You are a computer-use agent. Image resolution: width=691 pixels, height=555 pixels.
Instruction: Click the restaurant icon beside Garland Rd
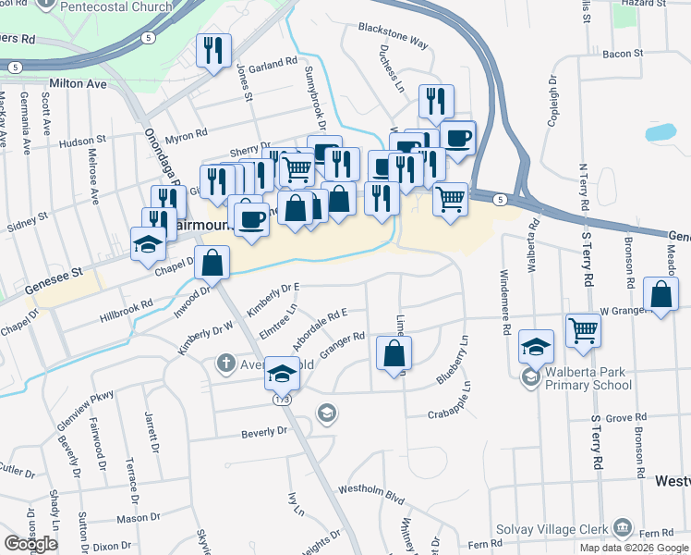pyautogui.click(x=213, y=51)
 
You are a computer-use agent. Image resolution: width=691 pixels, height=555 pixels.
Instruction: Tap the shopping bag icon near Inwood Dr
pyautogui.click(x=212, y=262)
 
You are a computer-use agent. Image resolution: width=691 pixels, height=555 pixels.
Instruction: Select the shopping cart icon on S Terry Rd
pyautogui.click(x=583, y=330)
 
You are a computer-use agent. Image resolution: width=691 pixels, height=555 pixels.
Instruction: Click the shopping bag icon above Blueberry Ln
pyautogui.click(x=394, y=352)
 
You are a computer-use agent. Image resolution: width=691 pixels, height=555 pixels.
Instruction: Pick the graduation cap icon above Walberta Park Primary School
pyautogui.click(x=536, y=346)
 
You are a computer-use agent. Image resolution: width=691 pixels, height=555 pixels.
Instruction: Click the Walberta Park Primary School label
pyautogui.click(x=586, y=378)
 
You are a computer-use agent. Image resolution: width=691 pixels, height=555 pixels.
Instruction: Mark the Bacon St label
pyautogui.click(x=622, y=55)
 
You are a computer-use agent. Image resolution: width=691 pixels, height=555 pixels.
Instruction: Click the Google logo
pyautogui.click(x=30, y=543)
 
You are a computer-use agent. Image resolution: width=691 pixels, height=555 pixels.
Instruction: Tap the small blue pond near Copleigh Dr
pyautogui.click(x=661, y=131)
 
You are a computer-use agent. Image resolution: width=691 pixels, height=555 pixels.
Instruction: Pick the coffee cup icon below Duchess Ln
pyautogui.click(x=456, y=139)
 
